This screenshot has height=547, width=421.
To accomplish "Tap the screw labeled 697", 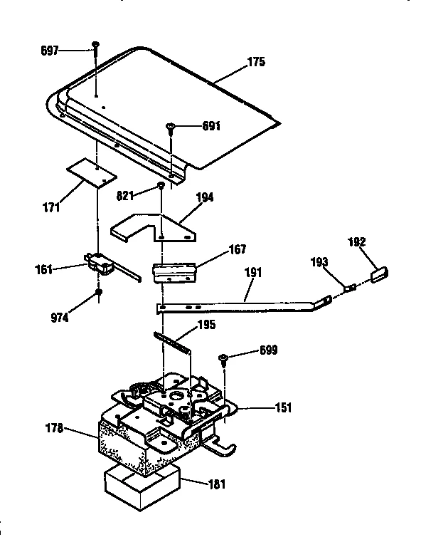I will pos(95,48).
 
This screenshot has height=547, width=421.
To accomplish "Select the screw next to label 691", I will pos(171,127).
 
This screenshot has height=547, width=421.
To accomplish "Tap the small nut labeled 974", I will pos(99,293).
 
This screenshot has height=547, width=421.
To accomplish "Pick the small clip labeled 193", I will pos(349,288).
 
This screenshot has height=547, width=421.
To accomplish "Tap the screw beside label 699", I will pos(223,356).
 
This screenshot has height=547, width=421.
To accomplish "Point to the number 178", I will pos(55,428).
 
